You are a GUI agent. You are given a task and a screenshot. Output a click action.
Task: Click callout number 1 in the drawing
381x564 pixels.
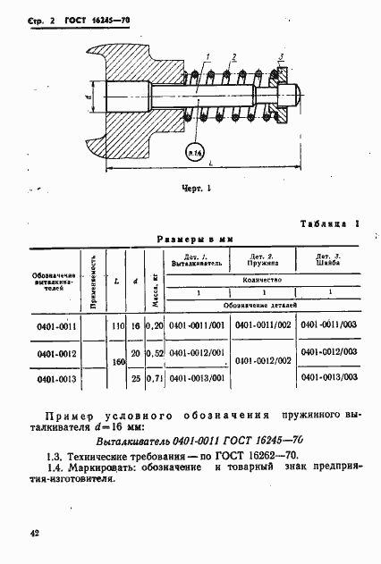207,57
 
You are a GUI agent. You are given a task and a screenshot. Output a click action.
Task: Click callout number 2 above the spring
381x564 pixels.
234,57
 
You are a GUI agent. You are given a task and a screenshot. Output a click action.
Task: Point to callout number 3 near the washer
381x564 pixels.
281,57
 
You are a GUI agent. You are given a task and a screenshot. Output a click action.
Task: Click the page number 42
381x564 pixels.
34,533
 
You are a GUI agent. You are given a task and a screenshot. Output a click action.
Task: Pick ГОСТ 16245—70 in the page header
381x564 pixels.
95,17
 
